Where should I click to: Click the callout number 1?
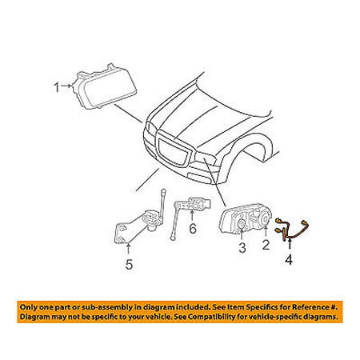(56, 87)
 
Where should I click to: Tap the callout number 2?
(266, 244)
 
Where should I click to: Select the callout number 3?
(242, 248)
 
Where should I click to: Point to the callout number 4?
(289, 259)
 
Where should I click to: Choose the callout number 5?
(129, 264)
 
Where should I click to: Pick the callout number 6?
(193, 229)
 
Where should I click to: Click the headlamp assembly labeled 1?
(104, 86)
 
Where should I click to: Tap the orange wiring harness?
(292, 230)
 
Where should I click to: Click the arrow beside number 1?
(66, 86)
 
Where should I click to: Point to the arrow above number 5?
(128, 249)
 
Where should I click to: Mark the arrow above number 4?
(290, 245)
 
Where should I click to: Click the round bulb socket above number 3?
(242, 225)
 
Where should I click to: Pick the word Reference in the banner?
(310, 307)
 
